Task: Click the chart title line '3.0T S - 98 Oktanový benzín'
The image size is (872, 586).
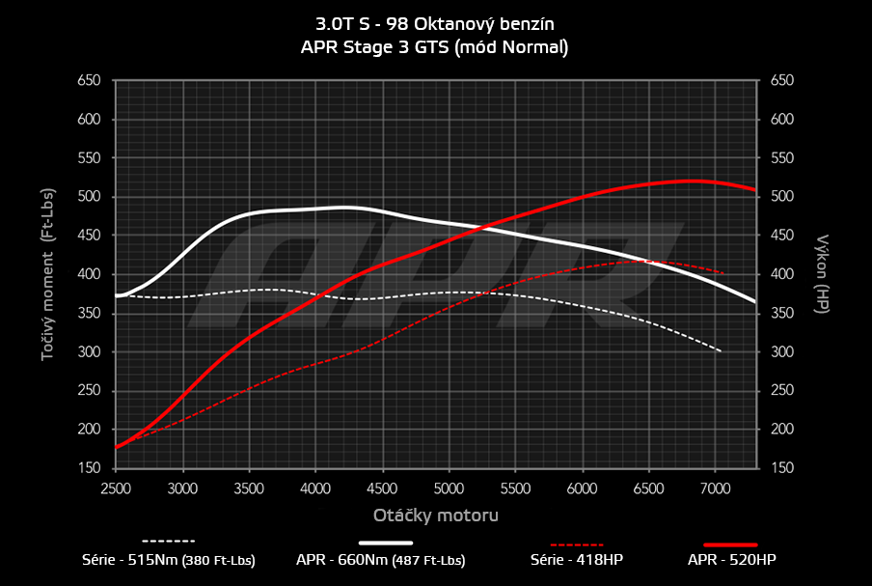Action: click(436, 23)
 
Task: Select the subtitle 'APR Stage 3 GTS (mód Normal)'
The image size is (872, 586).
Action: click(436, 46)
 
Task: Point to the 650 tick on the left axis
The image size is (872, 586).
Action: click(89, 81)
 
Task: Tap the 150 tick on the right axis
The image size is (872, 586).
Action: click(782, 468)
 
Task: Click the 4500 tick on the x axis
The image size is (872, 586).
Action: click(383, 488)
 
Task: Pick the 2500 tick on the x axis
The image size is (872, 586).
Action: click(116, 488)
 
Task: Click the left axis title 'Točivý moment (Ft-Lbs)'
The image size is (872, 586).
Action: click(47, 274)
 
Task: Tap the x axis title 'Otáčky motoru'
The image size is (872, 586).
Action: click(436, 516)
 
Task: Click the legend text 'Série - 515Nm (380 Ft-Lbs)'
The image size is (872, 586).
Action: click(169, 560)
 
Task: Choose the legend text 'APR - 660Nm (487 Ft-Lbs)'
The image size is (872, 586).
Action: click(381, 560)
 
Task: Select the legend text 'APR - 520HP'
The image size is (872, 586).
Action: click(731, 560)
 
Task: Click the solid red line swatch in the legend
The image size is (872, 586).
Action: click(731, 544)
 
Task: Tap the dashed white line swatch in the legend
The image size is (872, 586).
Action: click(169, 541)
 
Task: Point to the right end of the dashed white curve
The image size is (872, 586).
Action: click(722, 351)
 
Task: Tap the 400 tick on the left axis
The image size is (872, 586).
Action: click(89, 274)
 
